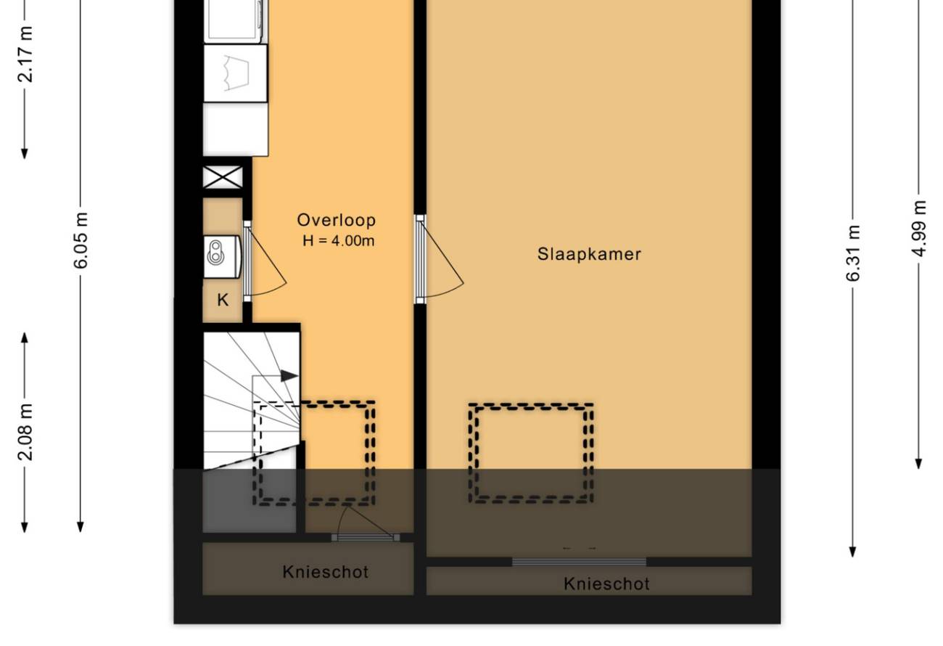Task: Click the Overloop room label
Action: click(336, 220)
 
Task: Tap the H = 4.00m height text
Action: click(339, 241)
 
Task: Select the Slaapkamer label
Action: click(589, 254)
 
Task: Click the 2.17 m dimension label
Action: click(25, 54)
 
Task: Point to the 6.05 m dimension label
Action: click(81, 240)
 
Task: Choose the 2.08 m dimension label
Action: click(25, 432)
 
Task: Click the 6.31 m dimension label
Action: click(853, 253)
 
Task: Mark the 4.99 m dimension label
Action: click(918, 229)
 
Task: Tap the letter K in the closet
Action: click(223, 300)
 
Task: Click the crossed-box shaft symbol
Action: click(223, 177)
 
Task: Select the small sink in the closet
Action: click(222, 256)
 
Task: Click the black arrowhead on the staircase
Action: click(289, 376)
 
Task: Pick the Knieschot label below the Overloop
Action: click(326, 572)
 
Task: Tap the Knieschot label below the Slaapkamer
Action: click(606, 584)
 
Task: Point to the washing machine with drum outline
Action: click(235, 73)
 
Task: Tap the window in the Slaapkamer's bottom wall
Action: click(579, 562)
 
